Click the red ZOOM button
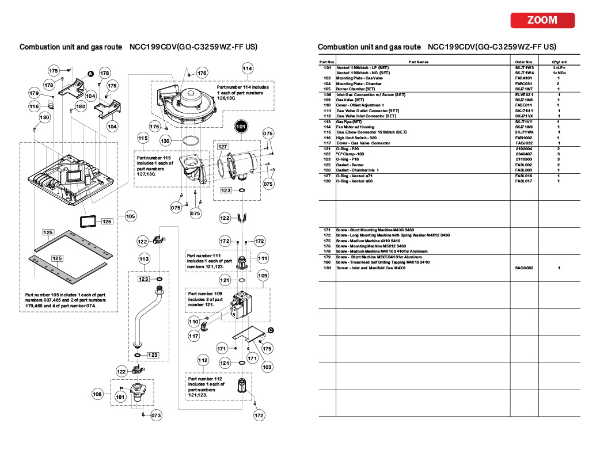542,20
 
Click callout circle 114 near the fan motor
247,68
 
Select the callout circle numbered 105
131,216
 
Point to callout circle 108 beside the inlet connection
98,394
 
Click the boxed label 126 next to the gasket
107,221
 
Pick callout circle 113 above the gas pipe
145,260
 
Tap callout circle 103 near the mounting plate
267,367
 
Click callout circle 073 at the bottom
156,415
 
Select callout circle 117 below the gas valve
194,336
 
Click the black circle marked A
90,73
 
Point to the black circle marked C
271,330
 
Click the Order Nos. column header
525,62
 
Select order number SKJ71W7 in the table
525,89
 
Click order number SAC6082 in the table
525,268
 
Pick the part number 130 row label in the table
327,181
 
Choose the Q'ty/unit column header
560,62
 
